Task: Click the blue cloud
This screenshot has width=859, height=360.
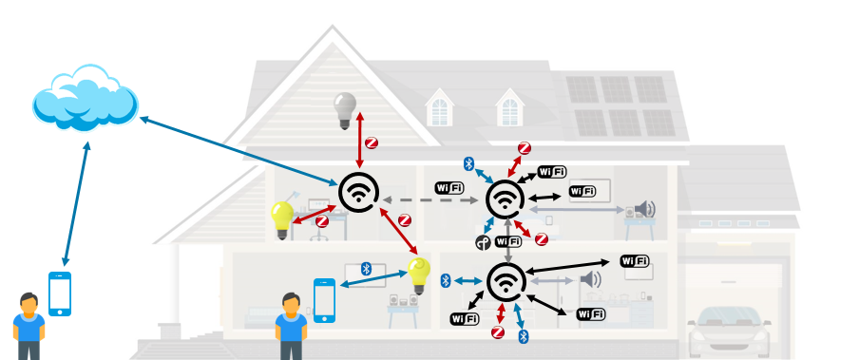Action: coord(85,99)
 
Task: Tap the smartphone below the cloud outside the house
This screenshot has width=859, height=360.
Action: coord(60,294)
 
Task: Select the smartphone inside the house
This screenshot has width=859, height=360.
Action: coord(324,300)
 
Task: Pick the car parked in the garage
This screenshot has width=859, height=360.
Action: coord(729,332)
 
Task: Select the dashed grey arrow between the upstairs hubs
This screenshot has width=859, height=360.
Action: coord(430,200)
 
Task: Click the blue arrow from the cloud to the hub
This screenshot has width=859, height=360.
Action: coord(239,151)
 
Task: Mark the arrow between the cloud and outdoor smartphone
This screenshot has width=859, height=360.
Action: coord(76,204)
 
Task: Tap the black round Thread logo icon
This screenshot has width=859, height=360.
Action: coord(483,242)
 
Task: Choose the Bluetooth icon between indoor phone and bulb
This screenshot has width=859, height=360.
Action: coord(367,269)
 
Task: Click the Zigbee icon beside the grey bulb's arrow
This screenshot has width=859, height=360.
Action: coord(372,143)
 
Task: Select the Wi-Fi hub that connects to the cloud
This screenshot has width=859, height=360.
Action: coord(359,192)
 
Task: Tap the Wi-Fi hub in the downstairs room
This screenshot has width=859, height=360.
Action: coord(506,282)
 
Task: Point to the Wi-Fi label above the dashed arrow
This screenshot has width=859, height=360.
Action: coord(449,188)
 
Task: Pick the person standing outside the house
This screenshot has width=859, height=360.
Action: coord(29,326)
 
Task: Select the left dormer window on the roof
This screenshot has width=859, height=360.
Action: coord(439,107)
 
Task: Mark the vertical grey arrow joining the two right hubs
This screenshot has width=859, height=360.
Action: coord(508,239)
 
